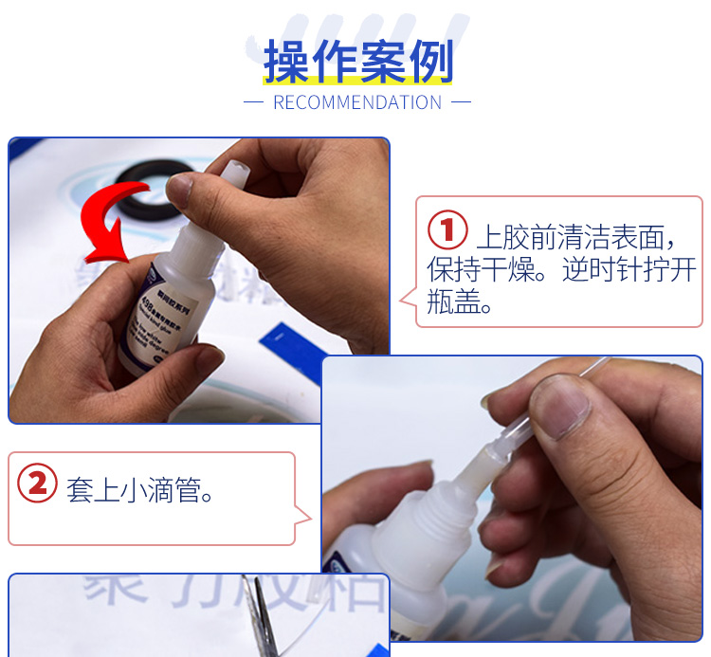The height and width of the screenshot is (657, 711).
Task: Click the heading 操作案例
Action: (358, 63)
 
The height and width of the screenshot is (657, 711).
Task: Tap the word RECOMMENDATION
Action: (357, 102)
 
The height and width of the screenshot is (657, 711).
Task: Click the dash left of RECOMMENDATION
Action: (253, 102)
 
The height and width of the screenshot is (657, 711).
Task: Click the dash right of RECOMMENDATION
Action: (461, 102)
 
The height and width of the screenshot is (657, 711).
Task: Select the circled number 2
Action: (37, 484)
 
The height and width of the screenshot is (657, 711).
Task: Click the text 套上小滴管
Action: (139, 491)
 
